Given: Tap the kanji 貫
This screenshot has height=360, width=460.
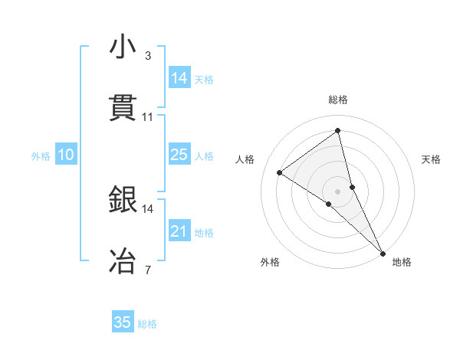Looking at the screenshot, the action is click(123, 109).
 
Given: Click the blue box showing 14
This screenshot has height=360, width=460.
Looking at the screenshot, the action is click(179, 78).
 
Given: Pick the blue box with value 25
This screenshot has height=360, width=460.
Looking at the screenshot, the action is click(179, 155).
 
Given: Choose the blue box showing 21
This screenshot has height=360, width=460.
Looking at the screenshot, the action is click(179, 231).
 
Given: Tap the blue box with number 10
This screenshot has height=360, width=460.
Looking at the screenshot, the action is click(66, 155).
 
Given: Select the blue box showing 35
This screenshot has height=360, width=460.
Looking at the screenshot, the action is click(123, 322).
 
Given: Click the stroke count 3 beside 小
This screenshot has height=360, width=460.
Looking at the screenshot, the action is click(148, 56).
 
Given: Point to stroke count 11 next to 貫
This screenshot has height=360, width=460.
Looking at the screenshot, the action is click(148, 117).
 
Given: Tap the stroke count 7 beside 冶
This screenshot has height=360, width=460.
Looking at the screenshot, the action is click(148, 270).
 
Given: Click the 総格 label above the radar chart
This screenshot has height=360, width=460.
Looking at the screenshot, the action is click(338, 100).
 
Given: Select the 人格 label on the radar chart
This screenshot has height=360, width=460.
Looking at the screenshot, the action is click(245, 159).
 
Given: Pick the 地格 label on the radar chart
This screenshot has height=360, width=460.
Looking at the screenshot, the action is click(402, 262).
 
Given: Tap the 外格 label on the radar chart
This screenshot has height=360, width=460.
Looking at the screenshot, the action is click(270, 262).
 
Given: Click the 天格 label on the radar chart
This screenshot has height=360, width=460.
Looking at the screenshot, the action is click(431, 159).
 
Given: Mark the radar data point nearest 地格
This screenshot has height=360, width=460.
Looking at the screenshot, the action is click(383, 253).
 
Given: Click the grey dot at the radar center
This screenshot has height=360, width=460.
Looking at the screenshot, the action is click(338, 191).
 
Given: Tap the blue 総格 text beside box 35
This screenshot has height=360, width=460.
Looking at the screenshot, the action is click(147, 324).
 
